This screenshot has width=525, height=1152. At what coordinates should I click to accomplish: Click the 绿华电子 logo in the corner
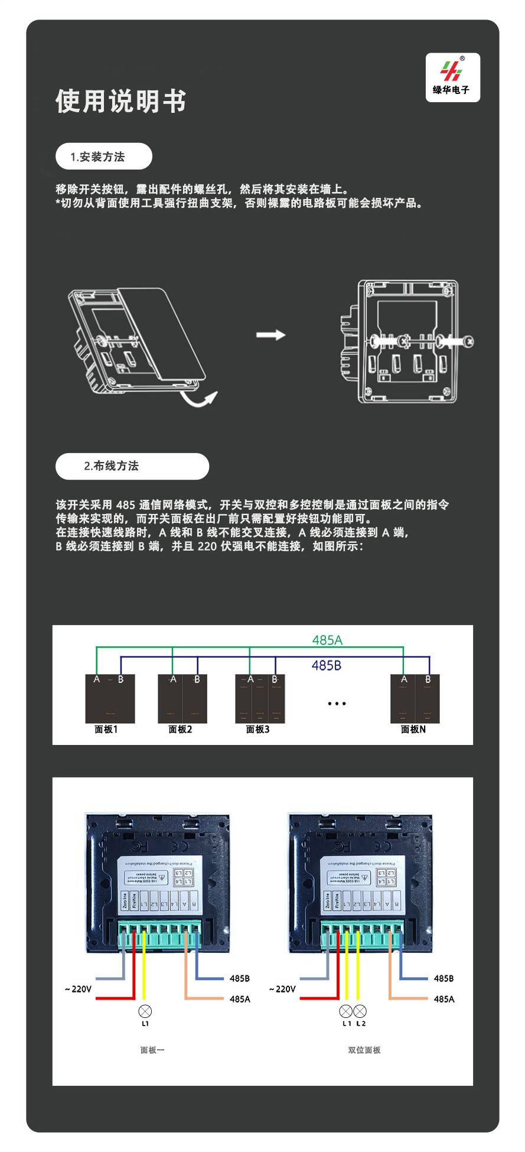coord(452,77)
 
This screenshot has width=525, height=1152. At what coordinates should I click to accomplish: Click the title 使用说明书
coord(120,101)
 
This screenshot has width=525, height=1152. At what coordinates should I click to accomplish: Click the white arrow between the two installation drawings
coord(270,335)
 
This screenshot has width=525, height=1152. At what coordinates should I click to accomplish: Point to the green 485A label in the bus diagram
coord(327,640)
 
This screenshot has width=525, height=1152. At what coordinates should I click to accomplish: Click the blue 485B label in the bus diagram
coord(327,666)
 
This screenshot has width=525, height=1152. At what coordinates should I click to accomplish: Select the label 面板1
coord(106,730)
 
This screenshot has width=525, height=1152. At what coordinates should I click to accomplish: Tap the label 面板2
coord(180,730)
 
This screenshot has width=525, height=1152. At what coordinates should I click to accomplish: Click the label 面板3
coord(257,730)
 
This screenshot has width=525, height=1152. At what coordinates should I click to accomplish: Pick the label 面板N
coord(413,730)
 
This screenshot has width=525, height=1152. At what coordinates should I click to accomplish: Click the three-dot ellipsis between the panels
coord(337,704)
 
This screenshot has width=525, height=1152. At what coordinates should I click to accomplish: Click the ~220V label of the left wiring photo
coord(79,989)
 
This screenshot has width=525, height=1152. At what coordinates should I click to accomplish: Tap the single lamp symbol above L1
coord(145,1011)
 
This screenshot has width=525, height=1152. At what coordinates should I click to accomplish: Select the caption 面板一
coord(152,1050)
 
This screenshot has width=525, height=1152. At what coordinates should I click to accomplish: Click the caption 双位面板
coord(364,1050)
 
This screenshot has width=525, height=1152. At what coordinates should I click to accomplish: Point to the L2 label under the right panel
coord(361,1024)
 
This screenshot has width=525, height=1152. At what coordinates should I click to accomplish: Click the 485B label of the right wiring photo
coord(444,978)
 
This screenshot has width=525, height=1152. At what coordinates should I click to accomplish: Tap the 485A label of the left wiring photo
coord(240,999)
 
